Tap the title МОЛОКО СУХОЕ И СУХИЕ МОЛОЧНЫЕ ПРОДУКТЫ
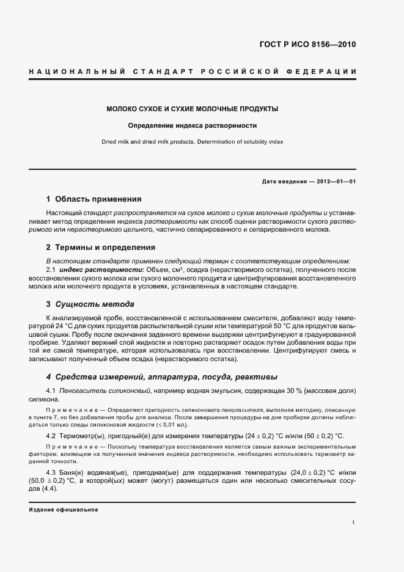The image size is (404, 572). [x=193, y=109]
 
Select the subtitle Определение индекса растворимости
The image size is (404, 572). [x=193, y=126]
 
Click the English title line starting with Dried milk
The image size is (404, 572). [x=193, y=142]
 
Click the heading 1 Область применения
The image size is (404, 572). [x=94, y=199]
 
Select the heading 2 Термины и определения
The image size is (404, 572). [x=100, y=248]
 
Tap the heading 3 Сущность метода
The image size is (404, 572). [x=90, y=304]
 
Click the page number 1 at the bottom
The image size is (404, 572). [x=354, y=522]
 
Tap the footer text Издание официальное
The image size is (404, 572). [x=64, y=509]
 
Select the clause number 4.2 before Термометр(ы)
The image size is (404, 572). [x=51, y=436]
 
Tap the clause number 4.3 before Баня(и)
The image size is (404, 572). [x=51, y=472]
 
